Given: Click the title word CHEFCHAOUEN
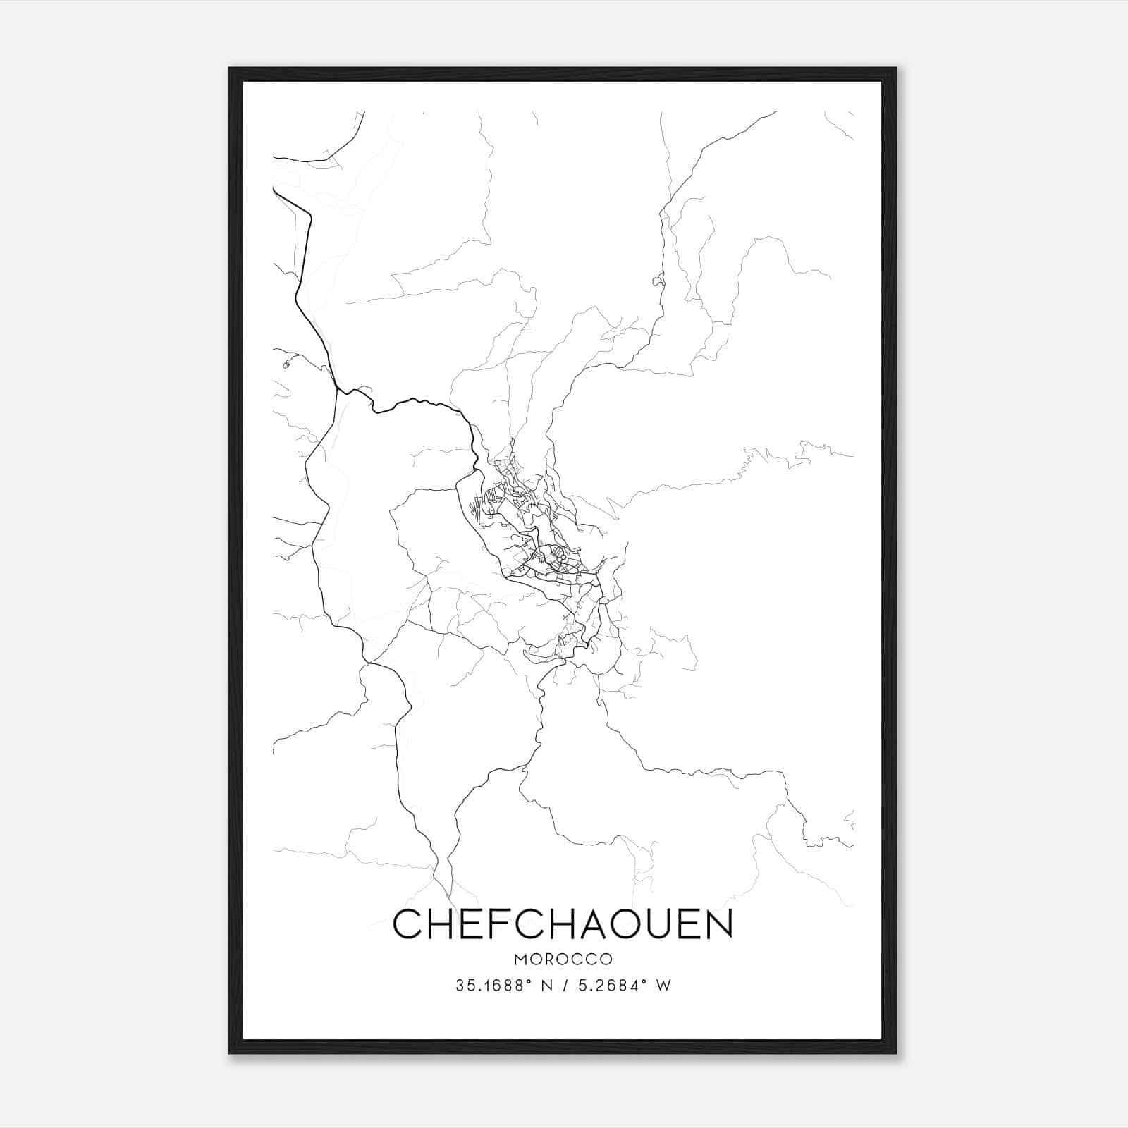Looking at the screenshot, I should coord(563,925).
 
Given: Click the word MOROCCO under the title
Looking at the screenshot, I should coord(563,960).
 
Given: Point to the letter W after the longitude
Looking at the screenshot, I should coord(663,986).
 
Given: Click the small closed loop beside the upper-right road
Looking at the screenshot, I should coord(658,281).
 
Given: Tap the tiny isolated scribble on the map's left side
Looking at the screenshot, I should coord(286,364).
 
